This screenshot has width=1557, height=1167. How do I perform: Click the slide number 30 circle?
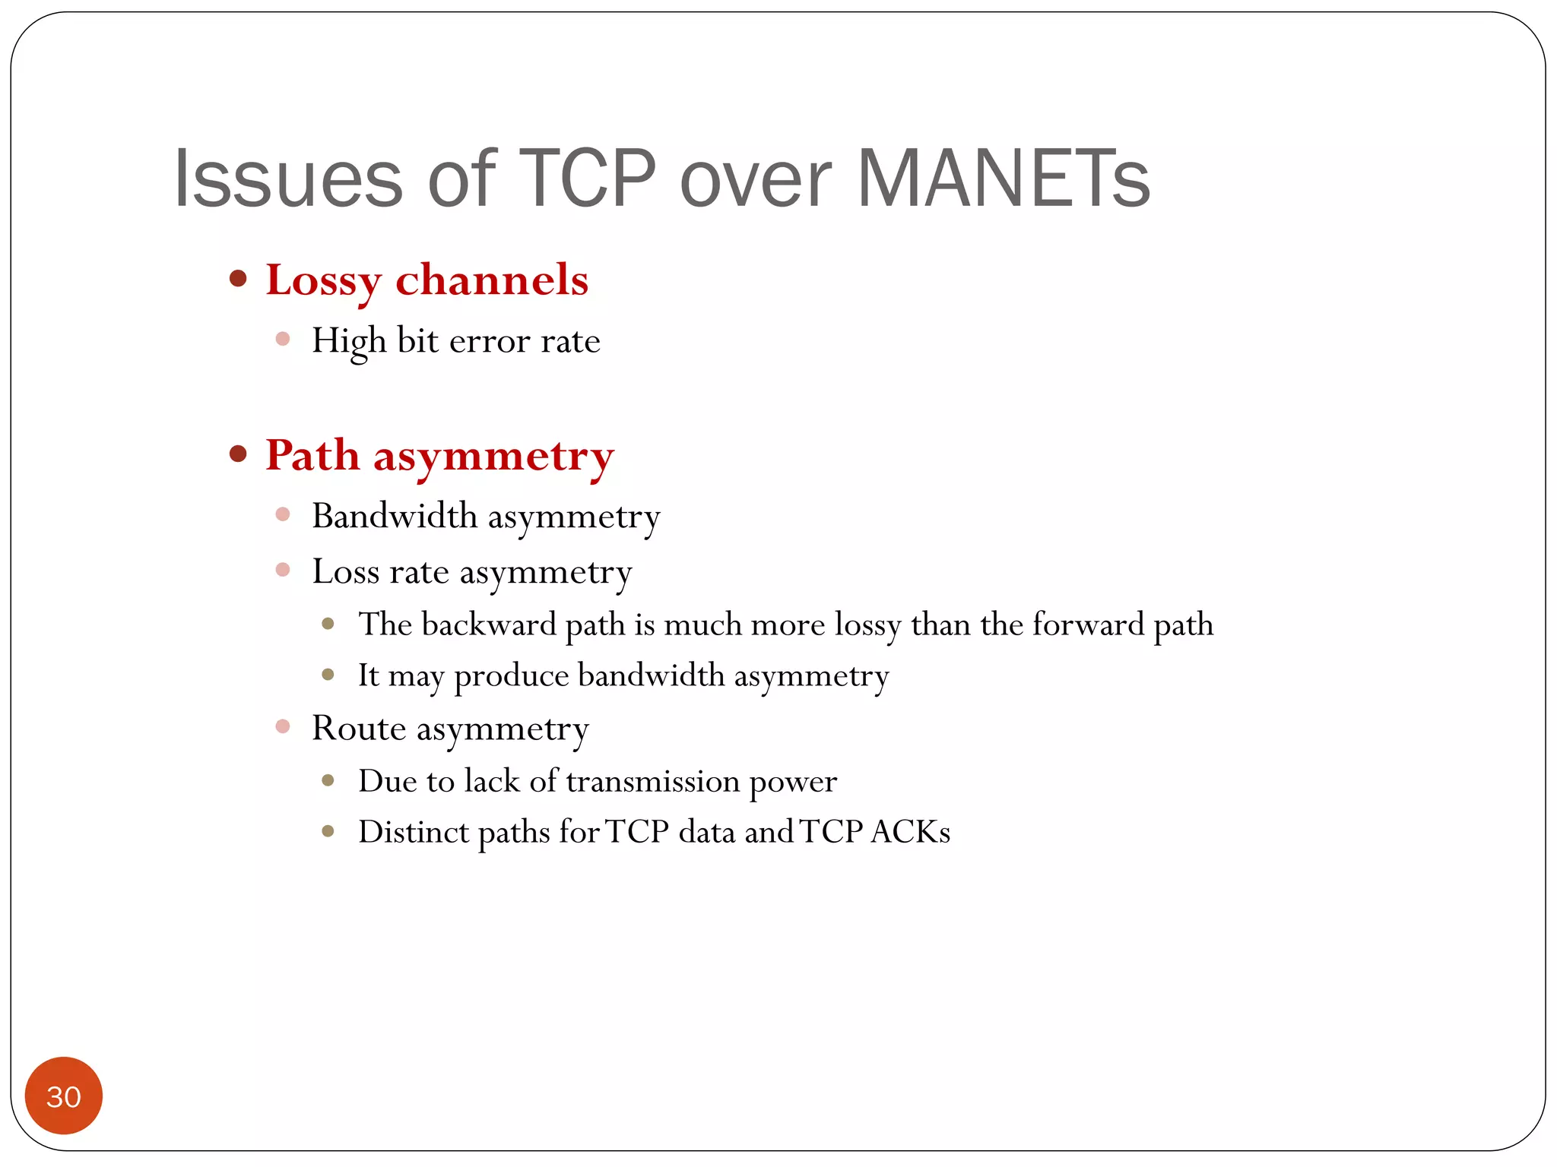click(x=64, y=1096)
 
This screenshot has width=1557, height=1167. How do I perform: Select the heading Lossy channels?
click(x=427, y=280)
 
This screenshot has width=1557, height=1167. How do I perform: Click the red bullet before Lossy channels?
click(x=238, y=278)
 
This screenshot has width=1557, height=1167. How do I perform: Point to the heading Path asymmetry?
click(x=439, y=456)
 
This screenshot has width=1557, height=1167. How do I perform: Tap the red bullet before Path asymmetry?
click(x=238, y=454)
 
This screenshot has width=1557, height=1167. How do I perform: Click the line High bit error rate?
click(x=455, y=340)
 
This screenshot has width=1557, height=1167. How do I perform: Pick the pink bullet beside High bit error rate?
click(x=283, y=339)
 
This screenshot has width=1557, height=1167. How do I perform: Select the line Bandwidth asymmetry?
click(x=486, y=517)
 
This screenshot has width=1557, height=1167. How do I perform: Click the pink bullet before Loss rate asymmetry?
click(x=283, y=570)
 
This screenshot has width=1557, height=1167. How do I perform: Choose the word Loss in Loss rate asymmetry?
click(x=345, y=571)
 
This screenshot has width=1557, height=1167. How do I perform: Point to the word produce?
click(x=511, y=676)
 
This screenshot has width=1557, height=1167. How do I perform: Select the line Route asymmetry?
click(x=450, y=729)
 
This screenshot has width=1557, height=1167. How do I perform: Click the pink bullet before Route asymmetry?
click(x=283, y=726)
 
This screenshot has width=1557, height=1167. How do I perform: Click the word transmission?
click(x=652, y=781)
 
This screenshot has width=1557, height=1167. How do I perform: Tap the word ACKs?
click(x=910, y=832)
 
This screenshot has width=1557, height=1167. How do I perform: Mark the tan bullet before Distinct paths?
click(x=328, y=831)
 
